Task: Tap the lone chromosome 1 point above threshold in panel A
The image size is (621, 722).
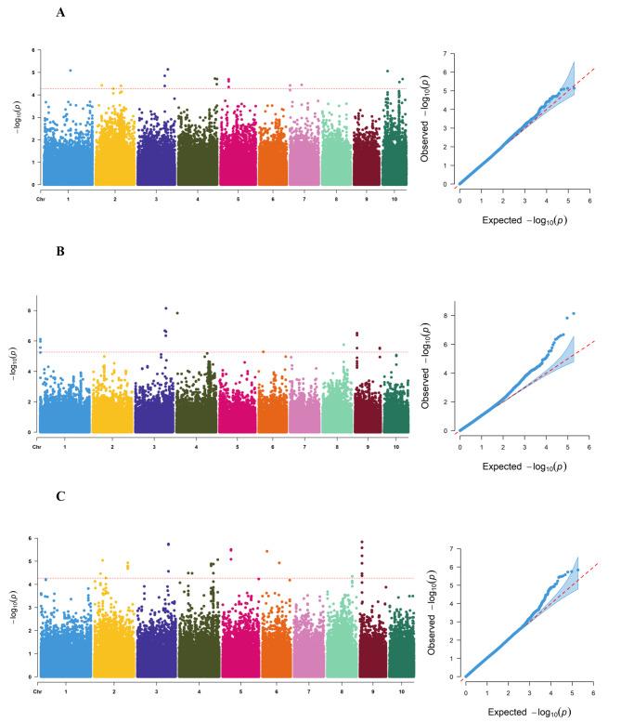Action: pyautogui.click(x=70, y=71)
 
